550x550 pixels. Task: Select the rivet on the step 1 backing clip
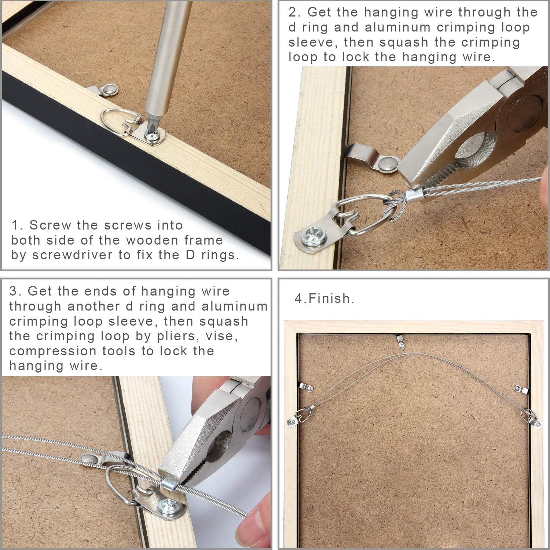(x=110, y=89)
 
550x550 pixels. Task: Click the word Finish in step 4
(x=331, y=298)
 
